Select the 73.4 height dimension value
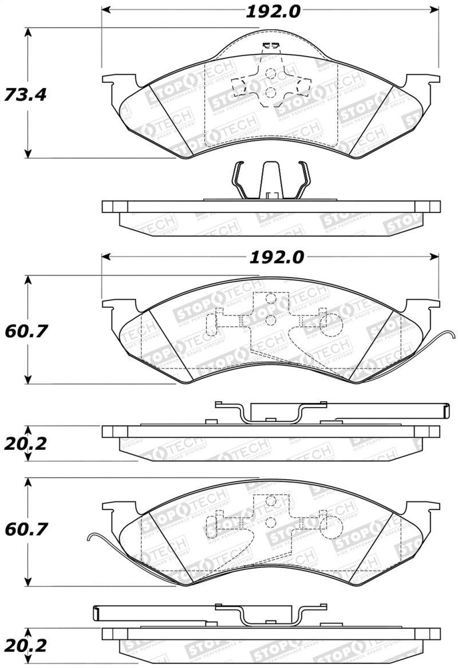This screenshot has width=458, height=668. click(25, 94)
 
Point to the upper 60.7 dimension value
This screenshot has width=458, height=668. click(25, 330)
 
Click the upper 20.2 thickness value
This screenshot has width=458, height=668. click(25, 444)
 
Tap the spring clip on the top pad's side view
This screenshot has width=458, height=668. click(270, 180)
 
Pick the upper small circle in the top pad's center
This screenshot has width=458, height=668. click(271, 73)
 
